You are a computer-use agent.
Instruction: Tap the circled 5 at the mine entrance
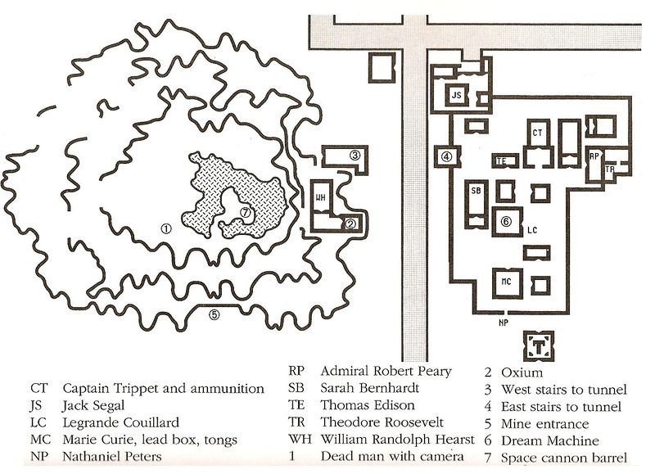[215, 314]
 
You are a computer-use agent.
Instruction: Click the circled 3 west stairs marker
[355, 156]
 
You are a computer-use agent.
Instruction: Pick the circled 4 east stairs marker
[446, 156]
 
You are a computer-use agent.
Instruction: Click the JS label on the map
[457, 96]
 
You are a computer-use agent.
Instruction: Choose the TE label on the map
[502, 161]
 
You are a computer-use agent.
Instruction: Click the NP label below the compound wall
[503, 323]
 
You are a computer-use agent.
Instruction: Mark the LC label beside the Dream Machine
[531, 230]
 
